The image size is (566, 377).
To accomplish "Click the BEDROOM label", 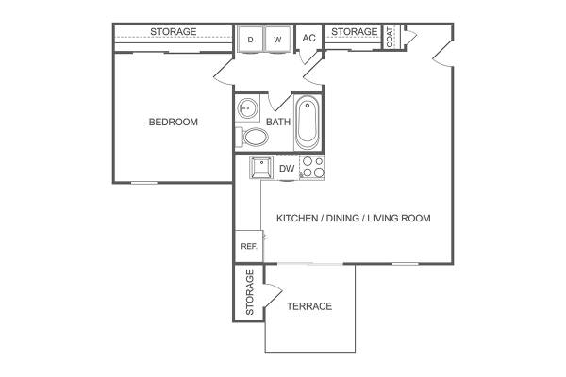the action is tap(174, 122).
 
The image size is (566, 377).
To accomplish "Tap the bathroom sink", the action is tap(247, 107).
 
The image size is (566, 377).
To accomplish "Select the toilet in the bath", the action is tap(252, 137).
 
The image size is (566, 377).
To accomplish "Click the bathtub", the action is tap(308, 123).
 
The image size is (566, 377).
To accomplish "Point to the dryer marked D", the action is tap(251, 40).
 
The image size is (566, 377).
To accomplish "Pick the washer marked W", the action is tap(277, 40).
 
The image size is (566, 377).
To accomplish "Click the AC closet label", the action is tap(309, 38).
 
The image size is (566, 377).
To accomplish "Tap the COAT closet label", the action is tap(390, 37).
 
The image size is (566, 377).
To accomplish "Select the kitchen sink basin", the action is tap(261, 168).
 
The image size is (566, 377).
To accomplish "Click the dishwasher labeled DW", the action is tap(287, 168).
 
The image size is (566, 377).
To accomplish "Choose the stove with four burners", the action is tap(312, 168).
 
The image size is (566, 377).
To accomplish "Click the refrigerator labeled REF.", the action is tap(249, 246).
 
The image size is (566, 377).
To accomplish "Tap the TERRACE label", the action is tap(309, 306).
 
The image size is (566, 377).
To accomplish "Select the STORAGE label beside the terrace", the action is tap(250, 292).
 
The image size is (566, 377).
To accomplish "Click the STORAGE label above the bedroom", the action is tap(174, 32).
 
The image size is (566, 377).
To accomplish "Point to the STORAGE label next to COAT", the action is tap(354, 32).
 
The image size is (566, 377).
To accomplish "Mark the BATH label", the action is tap(278, 122).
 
